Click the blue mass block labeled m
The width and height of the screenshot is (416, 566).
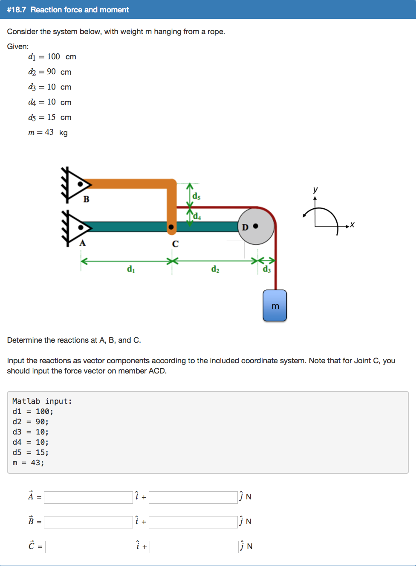click(274, 306)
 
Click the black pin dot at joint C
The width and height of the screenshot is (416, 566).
click(171, 227)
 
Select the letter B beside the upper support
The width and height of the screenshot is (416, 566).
click(86, 199)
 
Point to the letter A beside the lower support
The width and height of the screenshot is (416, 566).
click(83, 243)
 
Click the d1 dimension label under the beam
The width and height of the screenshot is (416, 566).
click(130, 269)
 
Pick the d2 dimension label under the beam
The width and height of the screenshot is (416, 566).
click(215, 269)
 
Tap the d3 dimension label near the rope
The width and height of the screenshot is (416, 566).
click(267, 269)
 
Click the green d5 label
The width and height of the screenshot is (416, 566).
click(196, 196)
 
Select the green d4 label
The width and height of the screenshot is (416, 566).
click(196, 216)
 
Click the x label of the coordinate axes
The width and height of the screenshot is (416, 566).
click(352, 225)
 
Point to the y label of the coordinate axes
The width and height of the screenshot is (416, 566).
click(315, 190)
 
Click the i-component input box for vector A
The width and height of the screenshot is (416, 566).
click(88, 497)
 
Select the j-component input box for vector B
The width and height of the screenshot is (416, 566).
click(193, 522)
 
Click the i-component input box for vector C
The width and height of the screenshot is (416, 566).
click(90, 547)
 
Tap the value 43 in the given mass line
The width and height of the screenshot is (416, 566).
click(49, 132)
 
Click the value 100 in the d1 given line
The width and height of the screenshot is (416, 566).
click(54, 57)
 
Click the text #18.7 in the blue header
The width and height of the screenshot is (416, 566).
click(17, 9)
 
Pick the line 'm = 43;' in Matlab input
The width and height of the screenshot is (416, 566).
click(28, 463)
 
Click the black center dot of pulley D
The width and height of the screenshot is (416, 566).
click(256, 226)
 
